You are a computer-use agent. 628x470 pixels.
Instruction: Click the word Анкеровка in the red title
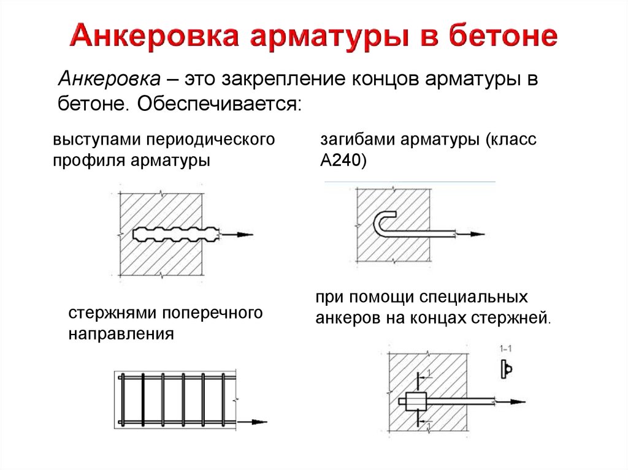pyautogui.click(x=154, y=36)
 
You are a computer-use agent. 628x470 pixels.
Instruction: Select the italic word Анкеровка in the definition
pyautogui.click(x=109, y=79)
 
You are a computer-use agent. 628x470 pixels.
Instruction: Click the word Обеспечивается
pyautogui.click(x=219, y=104)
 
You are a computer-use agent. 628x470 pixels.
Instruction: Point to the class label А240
pyautogui.click(x=343, y=161)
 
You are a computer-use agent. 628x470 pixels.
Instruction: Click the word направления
pyautogui.click(x=121, y=333)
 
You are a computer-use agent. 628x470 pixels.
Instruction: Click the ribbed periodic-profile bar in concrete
pyautogui.click(x=176, y=235)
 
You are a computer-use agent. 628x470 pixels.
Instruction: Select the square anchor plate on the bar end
pyautogui.click(x=416, y=401)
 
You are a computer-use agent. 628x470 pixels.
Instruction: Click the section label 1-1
pyautogui.click(x=505, y=349)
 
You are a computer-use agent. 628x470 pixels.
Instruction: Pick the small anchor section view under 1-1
pyautogui.click(x=506, y=369)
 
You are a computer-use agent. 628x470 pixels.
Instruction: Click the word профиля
pyautogui.click(x=88, y=161)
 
